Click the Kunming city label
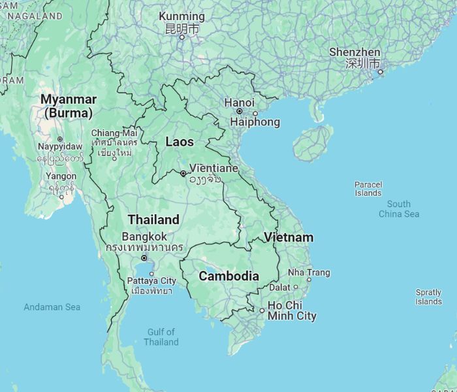pos(182,16)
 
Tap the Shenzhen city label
pos(355,52)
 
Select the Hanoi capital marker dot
pos(240,112)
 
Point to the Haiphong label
pos(255,122)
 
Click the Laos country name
pos(180,142)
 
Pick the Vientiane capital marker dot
pos(183,173)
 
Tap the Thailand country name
pos(153,220)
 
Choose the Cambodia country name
pos(228,276)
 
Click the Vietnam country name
pos(289,237)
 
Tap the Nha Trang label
pos(309,272)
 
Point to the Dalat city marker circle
pos(295,287)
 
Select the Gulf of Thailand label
pos(161,337)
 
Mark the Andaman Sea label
pos(52,306)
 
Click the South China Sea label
pos(399,209)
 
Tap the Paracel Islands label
pos(368,189)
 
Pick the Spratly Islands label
pos(428,297)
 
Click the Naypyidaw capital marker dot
pos(60,139)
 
